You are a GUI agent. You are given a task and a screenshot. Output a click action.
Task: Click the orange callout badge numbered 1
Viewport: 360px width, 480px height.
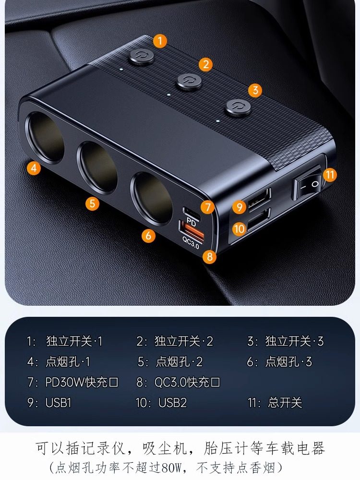point(160,40)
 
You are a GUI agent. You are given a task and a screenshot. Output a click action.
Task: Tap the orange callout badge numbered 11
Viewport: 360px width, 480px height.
point(330,174)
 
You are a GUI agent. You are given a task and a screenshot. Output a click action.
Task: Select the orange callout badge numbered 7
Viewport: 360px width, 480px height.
point(207,207)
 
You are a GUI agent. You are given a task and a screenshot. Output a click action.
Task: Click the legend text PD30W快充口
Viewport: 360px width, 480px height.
point(82,382)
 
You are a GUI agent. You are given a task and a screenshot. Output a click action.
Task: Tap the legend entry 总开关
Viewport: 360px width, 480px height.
point(285,402)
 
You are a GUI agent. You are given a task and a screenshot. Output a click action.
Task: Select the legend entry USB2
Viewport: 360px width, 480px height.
point(172,402)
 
